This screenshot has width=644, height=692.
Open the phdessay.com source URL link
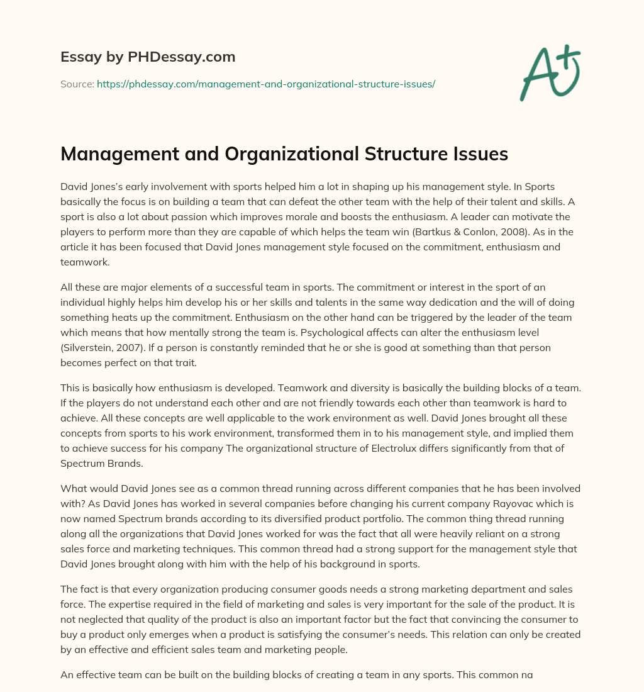pos(266,84)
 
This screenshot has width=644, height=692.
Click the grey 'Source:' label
pos(77,84)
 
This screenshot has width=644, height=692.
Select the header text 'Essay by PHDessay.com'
pos(148,57)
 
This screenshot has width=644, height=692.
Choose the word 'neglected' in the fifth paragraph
pos(101,620)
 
